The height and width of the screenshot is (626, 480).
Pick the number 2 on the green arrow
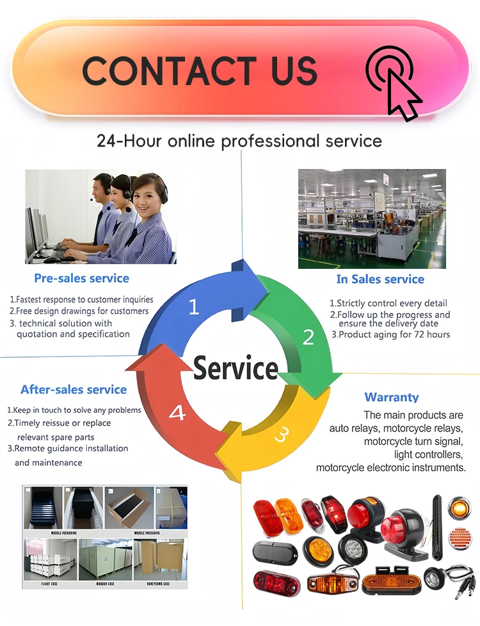[308, 336]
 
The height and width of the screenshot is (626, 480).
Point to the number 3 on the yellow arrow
[281, 435]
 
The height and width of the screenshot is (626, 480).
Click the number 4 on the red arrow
[177, 413]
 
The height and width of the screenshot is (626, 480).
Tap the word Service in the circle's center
[236, 369]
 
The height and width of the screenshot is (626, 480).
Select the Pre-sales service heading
[81, 278]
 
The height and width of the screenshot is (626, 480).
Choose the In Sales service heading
[380, 279]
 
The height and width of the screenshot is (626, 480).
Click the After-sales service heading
[74, 389]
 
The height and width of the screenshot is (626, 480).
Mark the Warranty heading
[392, 397]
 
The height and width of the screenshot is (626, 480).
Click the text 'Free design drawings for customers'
[79, 311]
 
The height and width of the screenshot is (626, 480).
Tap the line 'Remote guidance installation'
[68, 449]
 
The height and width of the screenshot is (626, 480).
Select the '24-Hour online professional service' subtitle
[239, 141]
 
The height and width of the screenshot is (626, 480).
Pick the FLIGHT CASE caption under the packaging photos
[49, 584]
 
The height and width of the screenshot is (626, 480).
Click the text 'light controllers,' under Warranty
[428, 454]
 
